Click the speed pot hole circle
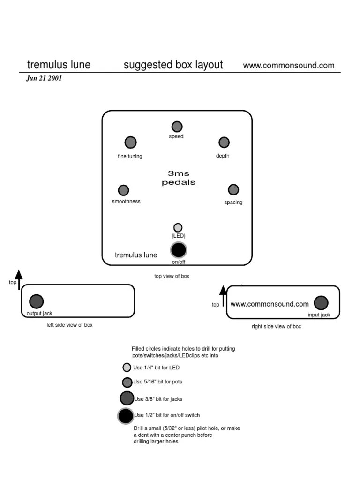click(177, 127)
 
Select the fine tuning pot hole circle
click(130, 142)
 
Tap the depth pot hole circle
click(224, 142)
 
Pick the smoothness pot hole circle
click(123, 190)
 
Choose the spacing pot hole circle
click(233, 189)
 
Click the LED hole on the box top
click(178, 227)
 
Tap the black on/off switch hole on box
click(178, 249)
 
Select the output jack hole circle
click(37, 301)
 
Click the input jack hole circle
click(321, 303)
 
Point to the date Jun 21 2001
click(44, 78)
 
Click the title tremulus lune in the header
click(59, 65)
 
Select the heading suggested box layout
click(173, 65)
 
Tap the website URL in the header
click(289, 66)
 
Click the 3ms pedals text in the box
click(179, 178)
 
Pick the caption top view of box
click(172, 276)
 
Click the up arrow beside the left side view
click(19, 279)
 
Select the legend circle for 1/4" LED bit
click(127, 367)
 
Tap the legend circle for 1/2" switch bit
click(126, 416)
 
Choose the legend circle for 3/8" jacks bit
click(127, 398)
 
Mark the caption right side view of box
click(276, 326)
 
